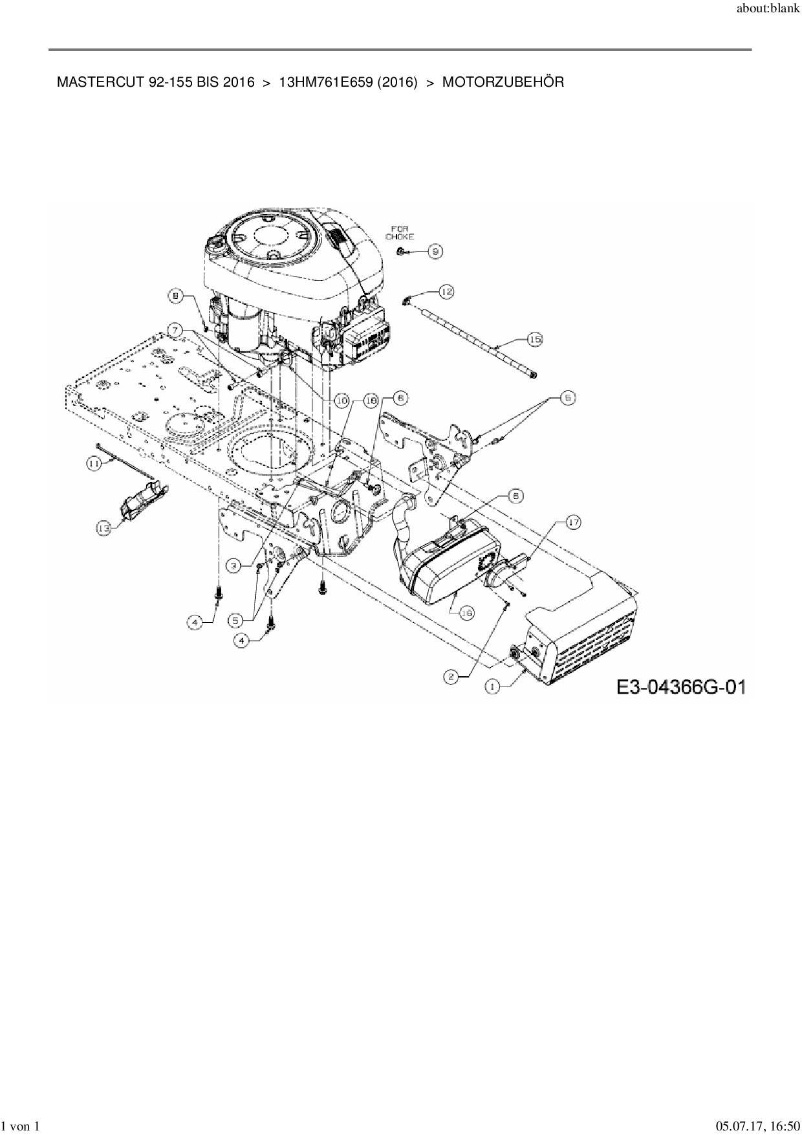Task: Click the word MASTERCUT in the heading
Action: [92, 83]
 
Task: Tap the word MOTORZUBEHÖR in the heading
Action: [503, 83]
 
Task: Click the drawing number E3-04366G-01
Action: [680, 687]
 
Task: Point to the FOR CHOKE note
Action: [400, 232]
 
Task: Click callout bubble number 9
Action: [436, 252]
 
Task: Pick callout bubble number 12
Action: [446, 292]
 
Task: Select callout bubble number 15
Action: [535, 338]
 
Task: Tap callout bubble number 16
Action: [466, 611]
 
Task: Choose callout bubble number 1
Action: [493, 688]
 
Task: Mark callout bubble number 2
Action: [451, 676]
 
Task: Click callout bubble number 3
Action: [235, 565]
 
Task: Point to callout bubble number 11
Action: [95, 463]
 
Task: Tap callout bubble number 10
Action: [341, 401]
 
